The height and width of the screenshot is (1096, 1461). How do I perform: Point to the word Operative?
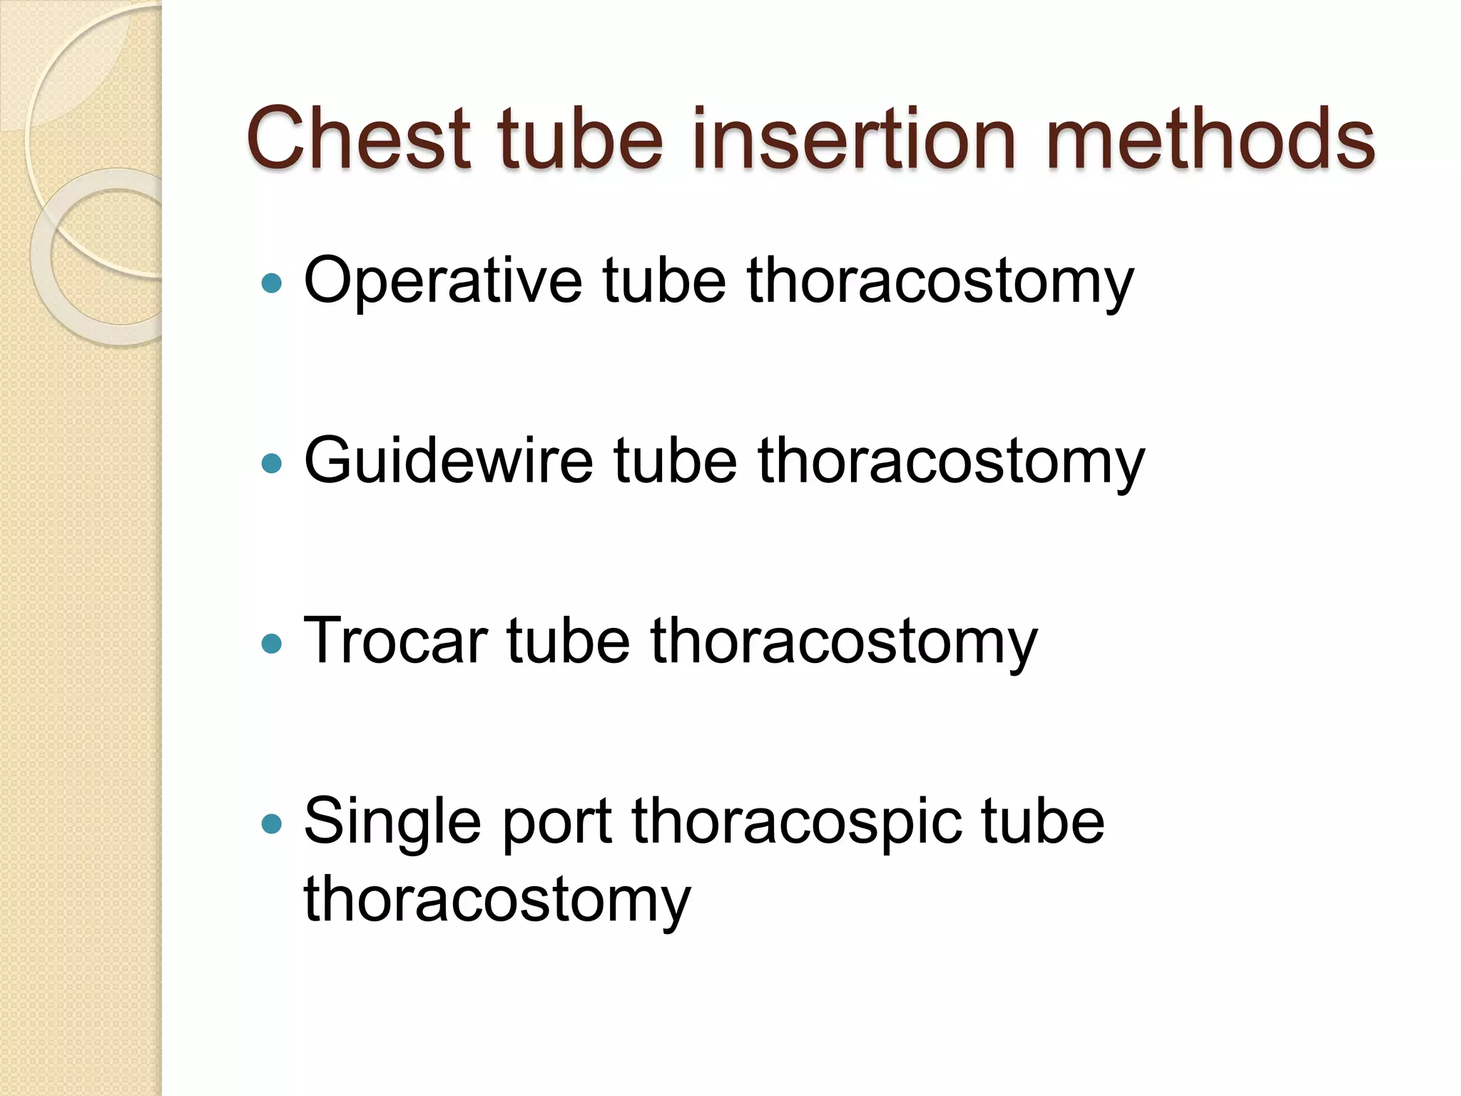coord(443,283)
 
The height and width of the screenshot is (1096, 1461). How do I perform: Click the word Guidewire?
coord(449,462)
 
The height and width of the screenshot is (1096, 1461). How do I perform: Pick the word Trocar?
coord(395,641)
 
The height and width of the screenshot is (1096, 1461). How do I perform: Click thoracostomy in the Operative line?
coord(940,283)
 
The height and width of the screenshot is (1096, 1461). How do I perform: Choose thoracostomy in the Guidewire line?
coord(951,462)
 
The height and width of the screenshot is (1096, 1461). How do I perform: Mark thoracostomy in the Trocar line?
coord(843,641)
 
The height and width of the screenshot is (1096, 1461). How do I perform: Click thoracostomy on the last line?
coord(497,900)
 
